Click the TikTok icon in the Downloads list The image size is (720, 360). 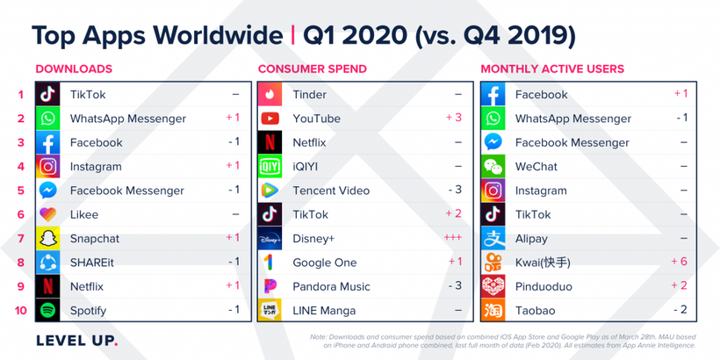tap(48, 94)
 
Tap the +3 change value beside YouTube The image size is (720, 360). tap(453, 118)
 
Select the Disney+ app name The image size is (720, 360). tap(313, 239)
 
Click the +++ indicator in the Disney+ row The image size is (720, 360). tap(451, 238)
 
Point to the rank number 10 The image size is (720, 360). tap(21, 310)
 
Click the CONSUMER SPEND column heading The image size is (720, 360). tap(311, 68)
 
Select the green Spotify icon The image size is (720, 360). tap(48, 310)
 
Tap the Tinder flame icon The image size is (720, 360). tap(270, 94)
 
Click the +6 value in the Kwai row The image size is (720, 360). tap(678, 262)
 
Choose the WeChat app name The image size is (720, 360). tap(536, 166)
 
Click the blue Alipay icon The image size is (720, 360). tap(493, 238)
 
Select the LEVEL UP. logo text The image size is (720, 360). tap(76, 340)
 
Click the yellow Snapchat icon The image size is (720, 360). tap(48, 238)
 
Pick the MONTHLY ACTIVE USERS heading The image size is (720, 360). tap(552, 68)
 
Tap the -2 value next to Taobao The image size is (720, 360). tap(679, 310)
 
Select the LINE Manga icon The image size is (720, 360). tap(270, 310)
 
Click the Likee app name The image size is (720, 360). tap(84, 214)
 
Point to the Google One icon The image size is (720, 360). tap(270, 262)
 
